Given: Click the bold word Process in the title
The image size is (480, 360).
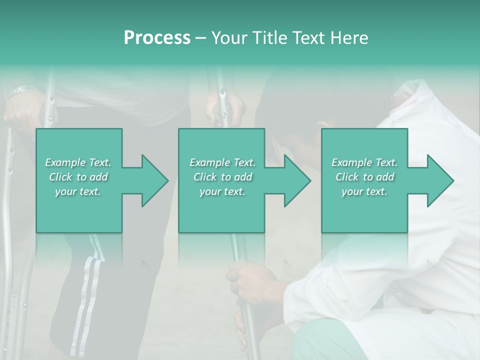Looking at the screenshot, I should pyautogui.click(x=157, y=38).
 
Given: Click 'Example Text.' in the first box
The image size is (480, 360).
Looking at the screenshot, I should pyautogui.click(x=78, y=162).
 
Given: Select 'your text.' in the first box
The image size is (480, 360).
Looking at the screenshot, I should pyautogui.click(x=78, y=191).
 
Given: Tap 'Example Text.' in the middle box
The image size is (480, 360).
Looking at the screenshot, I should pyautogui.click(x=222, y=162).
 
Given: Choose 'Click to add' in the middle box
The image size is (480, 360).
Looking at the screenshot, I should pyautogui.click(x=222, y=177).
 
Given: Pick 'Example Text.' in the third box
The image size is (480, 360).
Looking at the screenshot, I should pyautogui.click(x=364, y=162).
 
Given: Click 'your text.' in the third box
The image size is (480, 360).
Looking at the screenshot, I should pyautogui.click(x=364, y=191).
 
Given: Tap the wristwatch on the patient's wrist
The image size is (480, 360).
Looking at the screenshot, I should pyautogui.click(x=19, y=90).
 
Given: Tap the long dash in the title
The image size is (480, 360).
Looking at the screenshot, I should pyautogui.click(x=201, y=38).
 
